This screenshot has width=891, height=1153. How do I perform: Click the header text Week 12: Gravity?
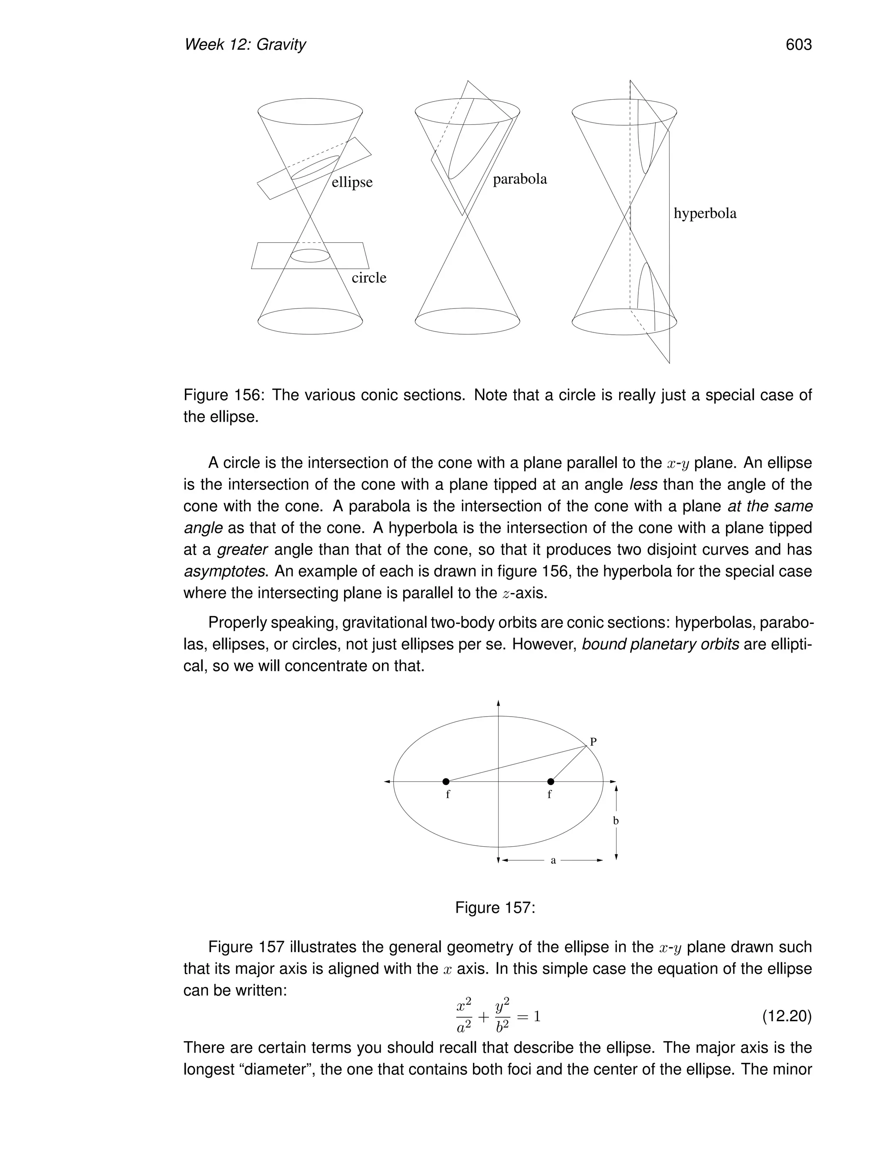(x=245, y=45)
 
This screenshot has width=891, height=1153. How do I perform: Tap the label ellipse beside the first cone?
(x=352, y=182)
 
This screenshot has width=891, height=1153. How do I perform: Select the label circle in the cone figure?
(x=368, y=278)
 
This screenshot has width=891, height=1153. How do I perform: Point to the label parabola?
(x=519, y=180)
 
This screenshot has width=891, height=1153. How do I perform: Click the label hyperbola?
(x=704, y=213)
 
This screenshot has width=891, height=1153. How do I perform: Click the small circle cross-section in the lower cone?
(x=310, y=255)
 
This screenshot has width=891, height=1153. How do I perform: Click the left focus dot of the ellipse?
(x=445, y=781)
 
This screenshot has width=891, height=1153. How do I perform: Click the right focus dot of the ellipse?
(x=550, y=781)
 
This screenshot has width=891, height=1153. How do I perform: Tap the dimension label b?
(x=616, y=821)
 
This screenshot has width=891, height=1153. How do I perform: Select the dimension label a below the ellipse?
(x=553, y=861)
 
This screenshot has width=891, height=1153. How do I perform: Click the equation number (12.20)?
(x=787, y=1016)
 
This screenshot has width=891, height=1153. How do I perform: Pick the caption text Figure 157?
(x=495, y=908)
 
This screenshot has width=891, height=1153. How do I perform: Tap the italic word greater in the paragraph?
(x=242, y=550)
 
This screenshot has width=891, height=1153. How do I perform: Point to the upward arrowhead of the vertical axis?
(x=498, y=703)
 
